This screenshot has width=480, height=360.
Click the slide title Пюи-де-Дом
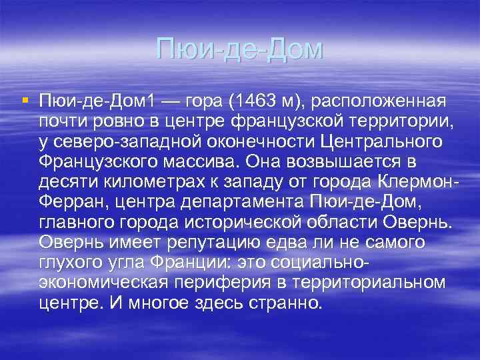coord(239,49)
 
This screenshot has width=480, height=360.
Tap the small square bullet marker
coord(25,101)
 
